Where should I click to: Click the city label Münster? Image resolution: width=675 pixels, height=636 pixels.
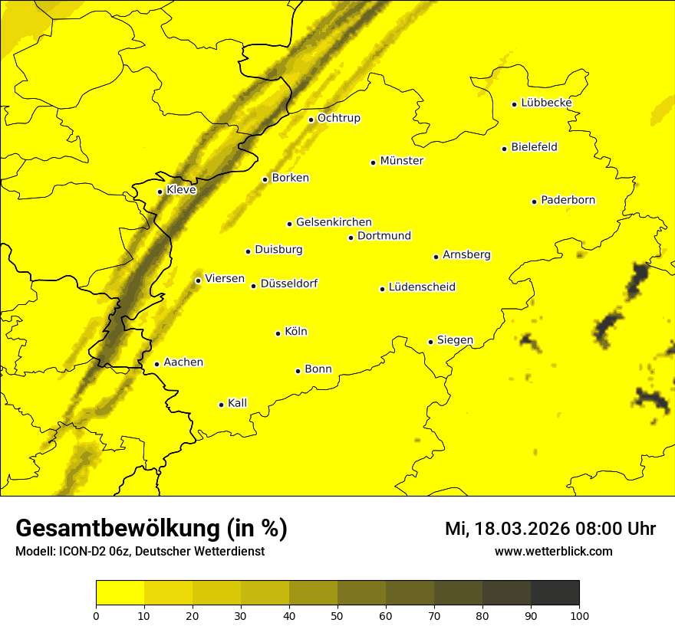point(401,161)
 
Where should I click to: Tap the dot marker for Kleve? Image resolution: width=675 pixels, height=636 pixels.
point(160,192)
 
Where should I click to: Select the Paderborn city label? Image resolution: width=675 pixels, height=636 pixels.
point(568,200)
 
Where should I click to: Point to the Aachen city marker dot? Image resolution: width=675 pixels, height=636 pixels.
point(156,364)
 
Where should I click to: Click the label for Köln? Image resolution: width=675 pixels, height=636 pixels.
point(295,332)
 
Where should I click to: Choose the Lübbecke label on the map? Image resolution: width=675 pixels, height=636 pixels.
point(546,103)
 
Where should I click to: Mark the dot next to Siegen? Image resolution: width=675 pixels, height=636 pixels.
point(431,342)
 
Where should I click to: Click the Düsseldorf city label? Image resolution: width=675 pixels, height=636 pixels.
point(288,284)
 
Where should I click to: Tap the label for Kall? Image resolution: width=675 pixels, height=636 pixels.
point(237,403)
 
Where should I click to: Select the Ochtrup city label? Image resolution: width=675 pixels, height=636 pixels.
point(338,118)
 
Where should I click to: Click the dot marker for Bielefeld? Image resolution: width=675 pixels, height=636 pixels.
point(505,149)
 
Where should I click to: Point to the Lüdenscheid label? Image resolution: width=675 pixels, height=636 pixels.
point(422,287)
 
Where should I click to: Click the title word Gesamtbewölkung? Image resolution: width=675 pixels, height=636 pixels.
point(115,528)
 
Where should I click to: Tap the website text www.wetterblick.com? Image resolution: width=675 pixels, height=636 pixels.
point(553,551)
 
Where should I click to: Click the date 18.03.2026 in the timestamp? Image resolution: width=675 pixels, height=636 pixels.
point(522,529)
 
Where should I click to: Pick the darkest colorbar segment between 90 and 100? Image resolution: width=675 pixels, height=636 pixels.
point(555,592)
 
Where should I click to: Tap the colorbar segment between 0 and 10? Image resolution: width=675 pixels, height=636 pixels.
point(120,592)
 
